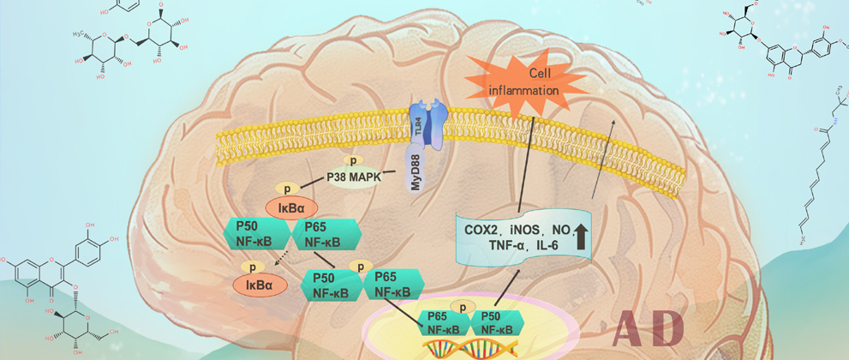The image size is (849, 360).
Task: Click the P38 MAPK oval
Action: tap(353, 178)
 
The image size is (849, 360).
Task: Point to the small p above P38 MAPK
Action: tap(350, 160)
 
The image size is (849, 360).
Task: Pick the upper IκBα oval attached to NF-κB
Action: tap(292, 207)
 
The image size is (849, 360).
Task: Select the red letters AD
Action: tap(650, 327)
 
